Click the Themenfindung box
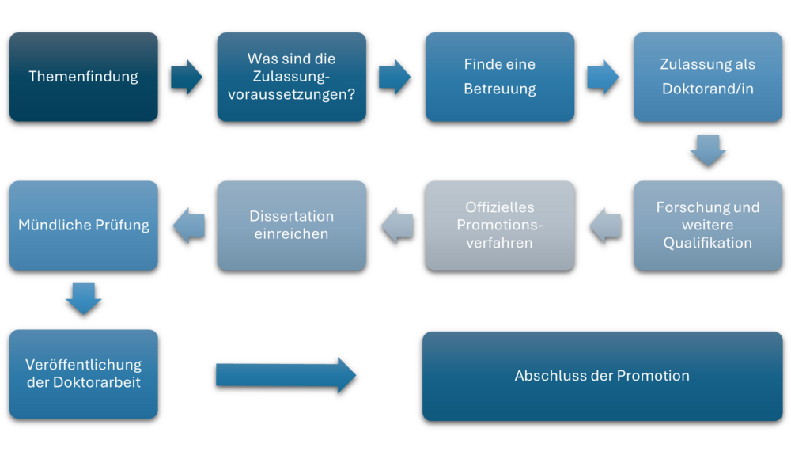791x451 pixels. (x=83, y=77)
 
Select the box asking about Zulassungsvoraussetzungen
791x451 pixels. (x=291, y=77)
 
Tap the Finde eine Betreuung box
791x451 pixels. (x=499, y=77)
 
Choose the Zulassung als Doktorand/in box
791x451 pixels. (x=707, y=77)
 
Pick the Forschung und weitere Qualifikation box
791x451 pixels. (x=707, y=225)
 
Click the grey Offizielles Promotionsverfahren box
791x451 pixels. (x=499, y=225)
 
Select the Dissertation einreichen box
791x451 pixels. (x=291, y=225)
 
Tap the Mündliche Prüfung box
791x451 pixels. (x=83, y=225)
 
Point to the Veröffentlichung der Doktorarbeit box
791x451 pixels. (x=83, y=373)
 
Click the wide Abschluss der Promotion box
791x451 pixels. (x=602, y=376)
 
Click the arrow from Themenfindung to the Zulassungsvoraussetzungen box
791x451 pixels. (x=187, y=77)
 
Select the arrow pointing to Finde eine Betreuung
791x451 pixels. (x=395, y=77)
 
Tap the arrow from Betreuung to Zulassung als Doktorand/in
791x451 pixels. (x=603, y=77)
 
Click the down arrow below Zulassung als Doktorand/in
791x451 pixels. (x=707, y=150)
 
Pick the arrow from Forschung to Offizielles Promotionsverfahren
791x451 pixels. (x=604, y=225)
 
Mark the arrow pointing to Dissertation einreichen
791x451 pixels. (x=396, y=225)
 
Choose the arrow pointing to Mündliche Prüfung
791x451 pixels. (x=188, y=225)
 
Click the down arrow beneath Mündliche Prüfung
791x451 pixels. (x=83, y=298)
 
